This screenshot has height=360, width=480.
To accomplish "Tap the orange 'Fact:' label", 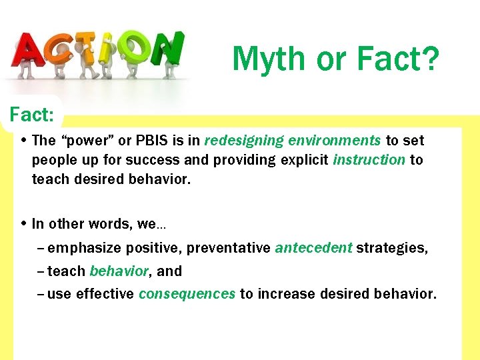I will click(x=31, y=115).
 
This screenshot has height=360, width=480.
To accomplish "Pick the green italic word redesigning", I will click(x=244, y=141).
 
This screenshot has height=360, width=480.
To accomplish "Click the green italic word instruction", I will click(x=369, y=160).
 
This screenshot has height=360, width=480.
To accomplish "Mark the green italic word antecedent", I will click(x=313, y=248).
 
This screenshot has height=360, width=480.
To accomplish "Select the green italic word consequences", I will click(x=187, y=294).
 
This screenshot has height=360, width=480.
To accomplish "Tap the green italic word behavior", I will click(x=119, y=271).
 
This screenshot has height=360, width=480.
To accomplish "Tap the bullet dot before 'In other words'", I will click(x=23, y=224).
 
